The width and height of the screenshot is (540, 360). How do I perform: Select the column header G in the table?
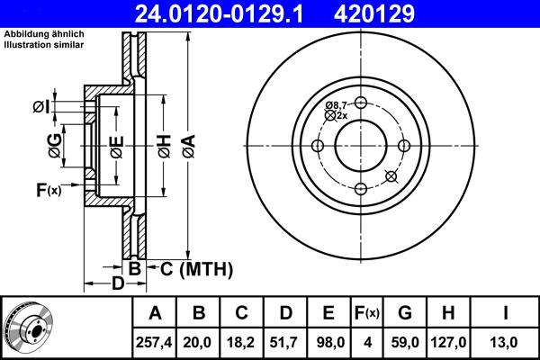click(x=404, y=313)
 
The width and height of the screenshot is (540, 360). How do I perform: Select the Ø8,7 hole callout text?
click(x=337, y=105)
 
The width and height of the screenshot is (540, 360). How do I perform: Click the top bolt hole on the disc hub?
click(x=360, y=103)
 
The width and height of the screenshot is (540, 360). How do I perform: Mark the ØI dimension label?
click(x=40, y=107)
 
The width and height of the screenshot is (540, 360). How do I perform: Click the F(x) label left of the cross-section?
click(x=47, y=190)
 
